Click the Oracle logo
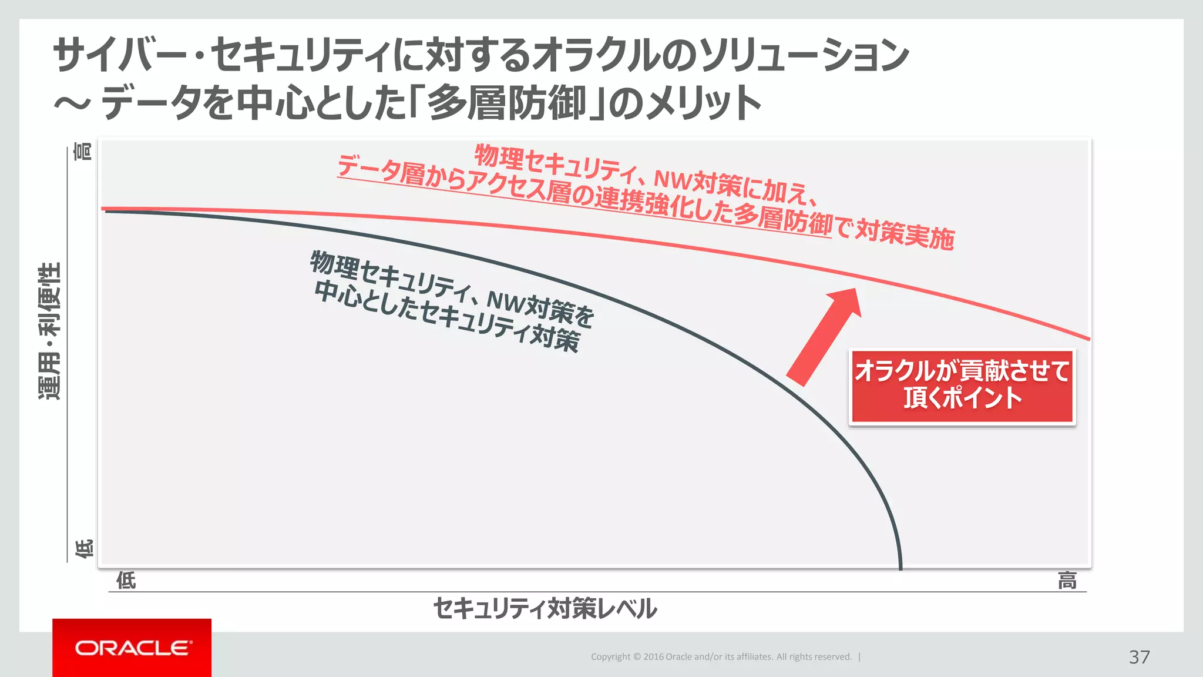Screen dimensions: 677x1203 click(x=133, y=648)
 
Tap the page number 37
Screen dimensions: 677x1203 click(x=1139, y=657)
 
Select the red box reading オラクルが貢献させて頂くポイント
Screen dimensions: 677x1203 click(x=962, y=386)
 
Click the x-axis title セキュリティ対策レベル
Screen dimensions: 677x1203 click(x=545, y=608)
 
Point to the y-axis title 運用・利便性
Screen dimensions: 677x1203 click(x=49, y=331)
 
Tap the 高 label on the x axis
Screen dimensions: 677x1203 click(x=1067, y=581)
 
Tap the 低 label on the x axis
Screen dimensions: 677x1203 click(x=126, y=581)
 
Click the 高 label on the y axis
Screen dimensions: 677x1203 click(x=83, y=152)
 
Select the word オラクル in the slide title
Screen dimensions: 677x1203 click(x=599, y=55)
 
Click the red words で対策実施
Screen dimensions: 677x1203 click(x=896, y=233)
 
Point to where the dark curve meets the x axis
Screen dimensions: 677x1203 click(x=900, y=567)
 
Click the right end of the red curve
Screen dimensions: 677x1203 click(x=1088, y=338)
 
